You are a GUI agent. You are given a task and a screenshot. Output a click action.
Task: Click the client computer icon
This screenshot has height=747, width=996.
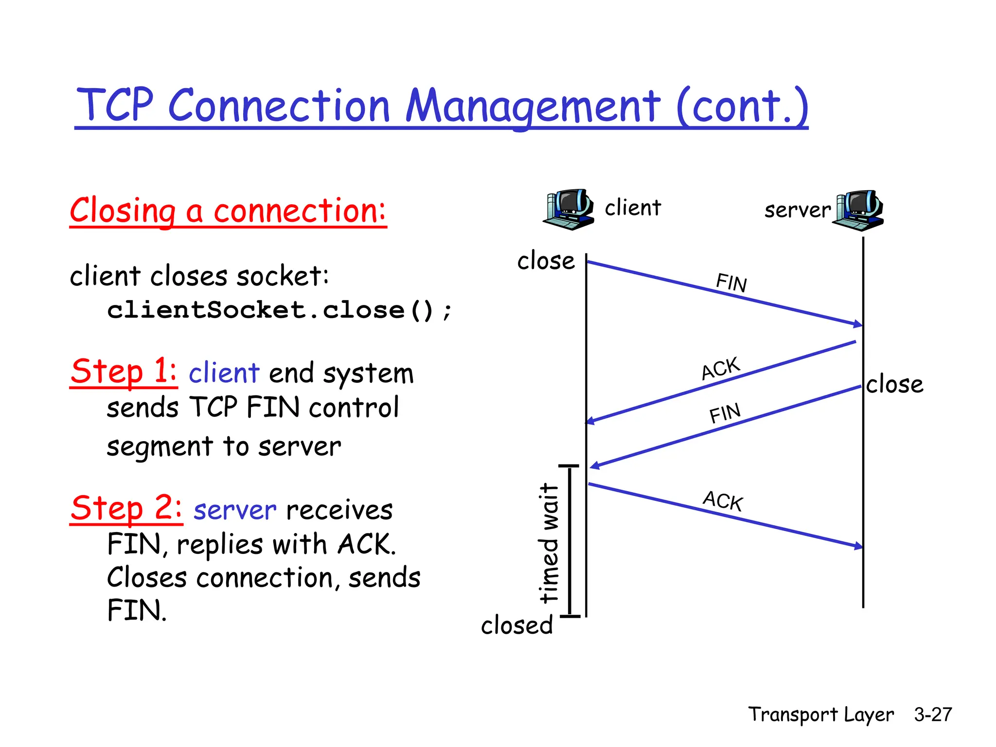(568, 210)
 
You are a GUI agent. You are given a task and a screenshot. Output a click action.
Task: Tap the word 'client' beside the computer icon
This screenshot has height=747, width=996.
(633, 208)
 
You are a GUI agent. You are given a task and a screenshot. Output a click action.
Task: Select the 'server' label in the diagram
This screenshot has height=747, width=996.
(797, 210)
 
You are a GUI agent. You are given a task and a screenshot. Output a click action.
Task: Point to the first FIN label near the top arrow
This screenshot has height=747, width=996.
(731, 283)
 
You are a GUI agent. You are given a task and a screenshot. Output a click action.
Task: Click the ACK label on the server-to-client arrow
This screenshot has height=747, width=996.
(720, 369)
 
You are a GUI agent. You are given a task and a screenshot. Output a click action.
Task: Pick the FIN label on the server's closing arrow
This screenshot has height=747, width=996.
(725, 413)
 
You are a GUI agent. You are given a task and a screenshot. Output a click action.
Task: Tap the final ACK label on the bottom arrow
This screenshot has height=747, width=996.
(723, 501)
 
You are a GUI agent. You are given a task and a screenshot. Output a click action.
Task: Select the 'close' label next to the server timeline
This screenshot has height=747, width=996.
(894, 384)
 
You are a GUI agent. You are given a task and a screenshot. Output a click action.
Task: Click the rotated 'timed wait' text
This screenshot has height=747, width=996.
(550, 543)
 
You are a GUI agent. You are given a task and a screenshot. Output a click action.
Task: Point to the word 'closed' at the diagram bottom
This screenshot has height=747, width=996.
(517, 625)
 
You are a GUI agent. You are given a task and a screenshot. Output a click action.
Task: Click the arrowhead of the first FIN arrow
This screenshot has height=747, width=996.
(858, 324)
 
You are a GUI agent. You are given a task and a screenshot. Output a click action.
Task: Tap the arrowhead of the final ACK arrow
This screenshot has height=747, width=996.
(858, 547)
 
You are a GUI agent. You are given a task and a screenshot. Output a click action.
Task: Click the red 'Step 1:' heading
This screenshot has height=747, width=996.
(124, 372)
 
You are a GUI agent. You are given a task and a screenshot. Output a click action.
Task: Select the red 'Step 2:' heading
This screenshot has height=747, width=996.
(126, 508)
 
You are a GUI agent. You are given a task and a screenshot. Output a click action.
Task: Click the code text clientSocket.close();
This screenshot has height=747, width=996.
(280, 310)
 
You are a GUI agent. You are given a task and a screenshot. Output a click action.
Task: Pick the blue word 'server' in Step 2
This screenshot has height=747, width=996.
(235, 510)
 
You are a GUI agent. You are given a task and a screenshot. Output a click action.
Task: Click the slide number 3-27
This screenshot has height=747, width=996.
(932, 714)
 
